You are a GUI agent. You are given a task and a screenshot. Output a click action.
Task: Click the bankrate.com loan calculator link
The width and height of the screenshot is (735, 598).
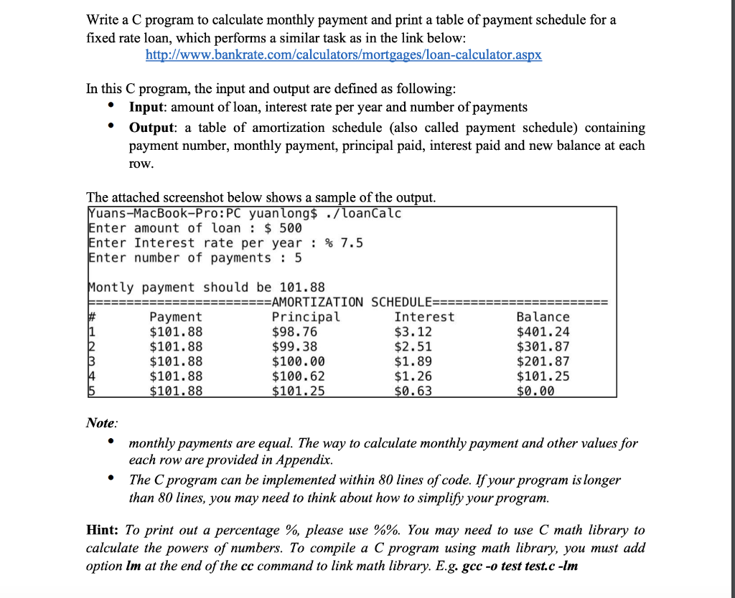[344, 55]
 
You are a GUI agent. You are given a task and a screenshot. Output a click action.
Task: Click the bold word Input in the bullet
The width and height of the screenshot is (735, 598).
[148, 107]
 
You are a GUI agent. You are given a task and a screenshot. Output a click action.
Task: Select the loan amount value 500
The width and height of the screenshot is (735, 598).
[291, 228]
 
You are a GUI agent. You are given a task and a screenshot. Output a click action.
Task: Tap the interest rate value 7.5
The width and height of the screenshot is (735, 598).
[352, 242]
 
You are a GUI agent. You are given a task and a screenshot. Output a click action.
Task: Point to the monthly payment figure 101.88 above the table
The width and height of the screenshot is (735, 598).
[302, 287]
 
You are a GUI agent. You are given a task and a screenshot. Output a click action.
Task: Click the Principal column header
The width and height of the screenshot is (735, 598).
[306, 317]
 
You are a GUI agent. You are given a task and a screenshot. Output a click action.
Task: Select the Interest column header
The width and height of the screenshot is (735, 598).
[424, 317]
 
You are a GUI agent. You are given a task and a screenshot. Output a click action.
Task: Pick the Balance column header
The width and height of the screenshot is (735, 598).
[543, 317]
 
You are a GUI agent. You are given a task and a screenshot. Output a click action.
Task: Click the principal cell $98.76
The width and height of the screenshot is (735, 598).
[294, 332]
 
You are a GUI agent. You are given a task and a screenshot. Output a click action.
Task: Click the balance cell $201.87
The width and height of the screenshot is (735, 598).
[543, 361]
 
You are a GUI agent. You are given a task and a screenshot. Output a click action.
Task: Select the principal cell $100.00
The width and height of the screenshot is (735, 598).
[298, 361]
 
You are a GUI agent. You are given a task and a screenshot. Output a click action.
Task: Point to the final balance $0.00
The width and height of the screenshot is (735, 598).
[535, 391]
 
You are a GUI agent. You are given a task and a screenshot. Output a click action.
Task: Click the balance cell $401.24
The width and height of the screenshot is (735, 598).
[543, 332]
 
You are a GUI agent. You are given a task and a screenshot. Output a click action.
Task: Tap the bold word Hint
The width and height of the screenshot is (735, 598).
[103, 531]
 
